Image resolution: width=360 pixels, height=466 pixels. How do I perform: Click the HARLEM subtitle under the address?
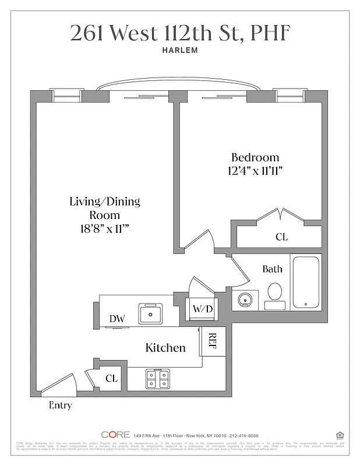pyautogui.click(x=180, y=50)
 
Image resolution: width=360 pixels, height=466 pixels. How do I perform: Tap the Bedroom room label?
pyautogui.click(x=255, y=157)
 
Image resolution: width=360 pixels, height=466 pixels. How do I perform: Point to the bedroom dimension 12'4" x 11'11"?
pyautogui.click(x=255, y=171)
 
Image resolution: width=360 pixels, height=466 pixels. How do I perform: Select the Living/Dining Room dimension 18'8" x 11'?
pyautogui.click(x=105, y=229)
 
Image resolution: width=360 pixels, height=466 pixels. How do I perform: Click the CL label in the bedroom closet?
pyautogui.click(x=281, y=237)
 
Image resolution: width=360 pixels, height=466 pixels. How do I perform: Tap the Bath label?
pyautogui.click(x=272, y=269)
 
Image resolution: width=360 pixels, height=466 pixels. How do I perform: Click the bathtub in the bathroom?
pyautogui.click(x=305, y=282)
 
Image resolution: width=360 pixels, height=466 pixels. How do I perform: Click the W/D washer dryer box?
pyautogui.click(x=202, y=308)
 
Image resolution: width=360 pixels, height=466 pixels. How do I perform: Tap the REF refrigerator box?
pyautogui.click(x=213, y=341)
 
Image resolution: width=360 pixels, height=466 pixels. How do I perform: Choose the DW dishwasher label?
pyautogui.click(x=118, y=319)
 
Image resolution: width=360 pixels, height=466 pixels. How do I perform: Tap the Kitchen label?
pyautogui.click(x=165, y=348)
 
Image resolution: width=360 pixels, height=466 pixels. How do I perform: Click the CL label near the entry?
pyautogui.click(x=111, y=378)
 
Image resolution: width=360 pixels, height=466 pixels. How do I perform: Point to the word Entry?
pyautogui.click(x=60, y=405)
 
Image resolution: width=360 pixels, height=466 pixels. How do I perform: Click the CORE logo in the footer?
pyautogui.click(x=115, y=435)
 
